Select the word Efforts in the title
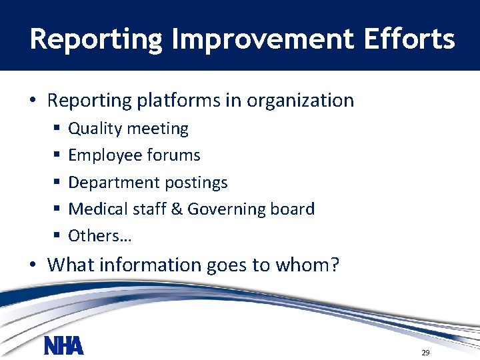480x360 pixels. (409, 39)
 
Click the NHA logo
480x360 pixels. (64, 346)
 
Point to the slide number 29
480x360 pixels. (425, 353)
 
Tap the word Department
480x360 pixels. (109, 183)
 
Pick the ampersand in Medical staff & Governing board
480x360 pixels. (177, 209)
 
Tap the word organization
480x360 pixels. (300, 101)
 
